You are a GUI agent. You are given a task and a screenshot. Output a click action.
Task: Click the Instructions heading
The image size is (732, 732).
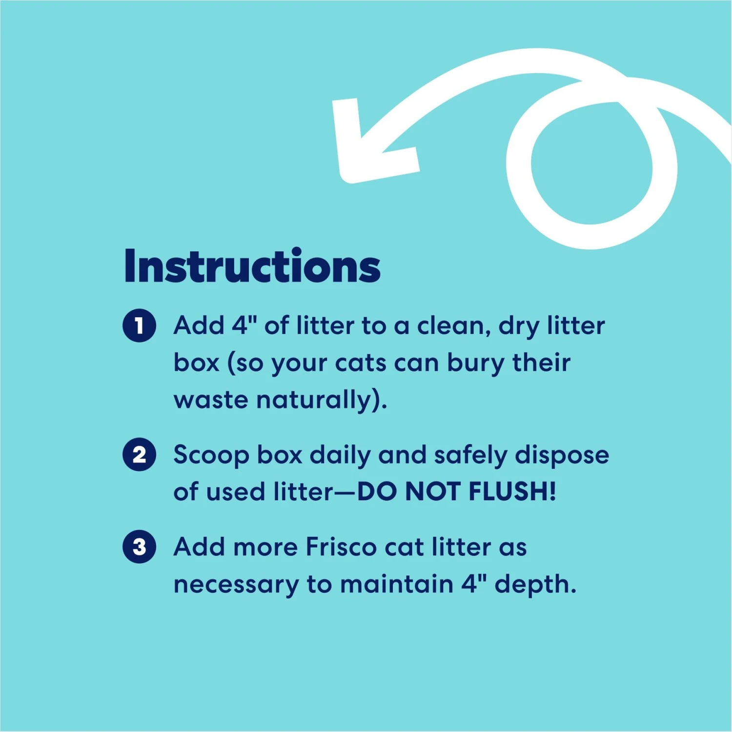pos(252,266)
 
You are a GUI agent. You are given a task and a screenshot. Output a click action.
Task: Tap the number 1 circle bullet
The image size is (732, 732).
pos(139,325)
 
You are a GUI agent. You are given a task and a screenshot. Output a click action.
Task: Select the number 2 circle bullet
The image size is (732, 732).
pos(139,454)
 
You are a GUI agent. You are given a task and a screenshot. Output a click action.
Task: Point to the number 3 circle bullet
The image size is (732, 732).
pos(139,547)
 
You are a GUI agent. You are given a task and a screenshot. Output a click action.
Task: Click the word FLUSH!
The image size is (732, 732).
pos(512,491)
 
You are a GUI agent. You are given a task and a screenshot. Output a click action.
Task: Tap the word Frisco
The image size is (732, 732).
pos(341,547)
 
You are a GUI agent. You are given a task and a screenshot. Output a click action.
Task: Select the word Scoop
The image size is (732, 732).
pos(211,455)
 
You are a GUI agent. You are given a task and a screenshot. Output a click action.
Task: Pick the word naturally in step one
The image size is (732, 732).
pos(320,400)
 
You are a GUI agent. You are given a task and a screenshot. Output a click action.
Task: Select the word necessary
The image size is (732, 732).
pos(236,584)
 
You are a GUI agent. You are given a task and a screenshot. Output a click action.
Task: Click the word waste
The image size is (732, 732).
pos(211,400)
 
